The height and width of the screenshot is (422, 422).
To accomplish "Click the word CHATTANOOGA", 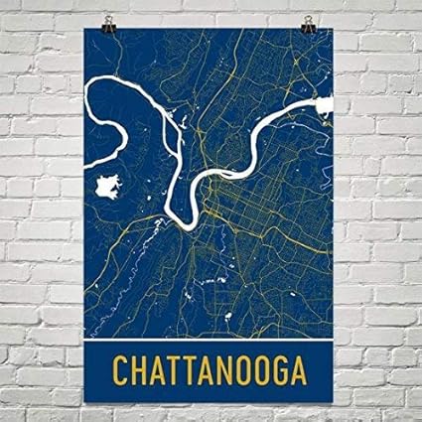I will pyautogui.click(x=211, y=370).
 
